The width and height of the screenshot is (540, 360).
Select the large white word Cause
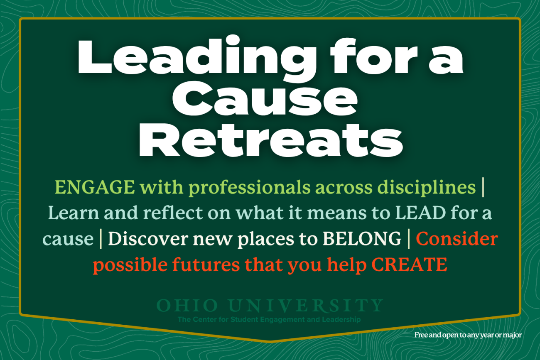point(270,100)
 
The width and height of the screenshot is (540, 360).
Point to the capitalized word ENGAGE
point(95,188)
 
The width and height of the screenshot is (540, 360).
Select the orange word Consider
point(457,239)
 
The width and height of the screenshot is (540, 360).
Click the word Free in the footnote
point(421,335)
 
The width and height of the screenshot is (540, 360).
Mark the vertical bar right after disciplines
point(482,188)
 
